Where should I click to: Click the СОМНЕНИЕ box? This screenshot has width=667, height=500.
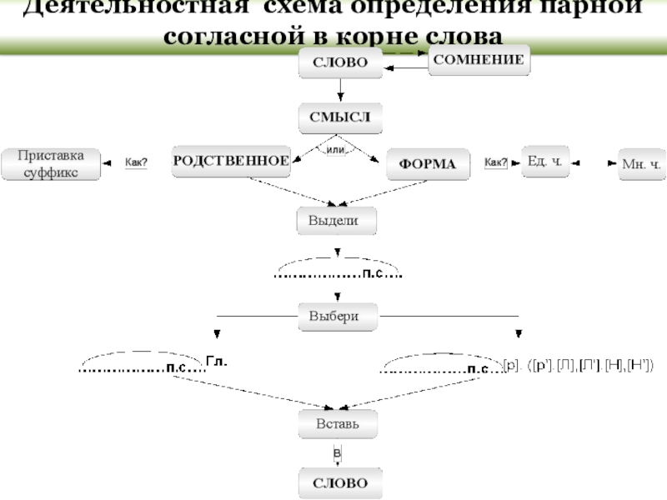[x=479, y=60]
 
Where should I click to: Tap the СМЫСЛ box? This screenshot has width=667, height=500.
[x=340, y=118]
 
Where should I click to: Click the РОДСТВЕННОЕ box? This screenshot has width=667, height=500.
[x=231, y=161]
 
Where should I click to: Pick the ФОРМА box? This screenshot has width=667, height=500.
[x=428, y=164]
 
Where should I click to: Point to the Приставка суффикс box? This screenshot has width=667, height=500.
[x=51, y=163]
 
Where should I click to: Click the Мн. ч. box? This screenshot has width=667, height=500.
[x=641, y=164]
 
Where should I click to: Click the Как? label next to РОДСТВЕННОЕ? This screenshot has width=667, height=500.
[x=136, y=162]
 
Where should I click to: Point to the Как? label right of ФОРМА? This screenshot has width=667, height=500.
[x=496, y=162]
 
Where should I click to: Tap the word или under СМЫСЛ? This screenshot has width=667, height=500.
[x=337, y=149]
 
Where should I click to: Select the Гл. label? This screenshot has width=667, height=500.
[x=216, y=362]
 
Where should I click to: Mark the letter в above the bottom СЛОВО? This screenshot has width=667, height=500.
[x=337, y=452]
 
